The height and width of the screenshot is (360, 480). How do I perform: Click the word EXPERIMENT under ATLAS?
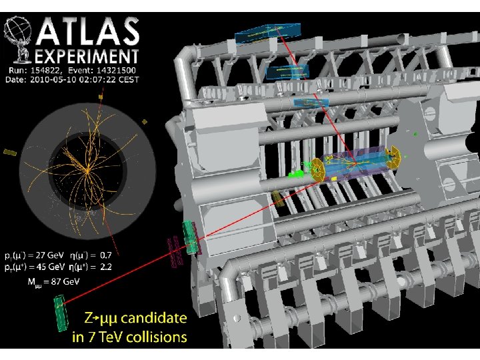(x=87, y=57)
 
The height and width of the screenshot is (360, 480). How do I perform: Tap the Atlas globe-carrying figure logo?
(x=18, y=39)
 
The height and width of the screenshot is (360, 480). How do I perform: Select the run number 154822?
(x=46, y=71)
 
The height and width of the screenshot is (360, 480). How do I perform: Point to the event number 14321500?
(x=116, y=71)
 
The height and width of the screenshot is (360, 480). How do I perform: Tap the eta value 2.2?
(x=106, y=267)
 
